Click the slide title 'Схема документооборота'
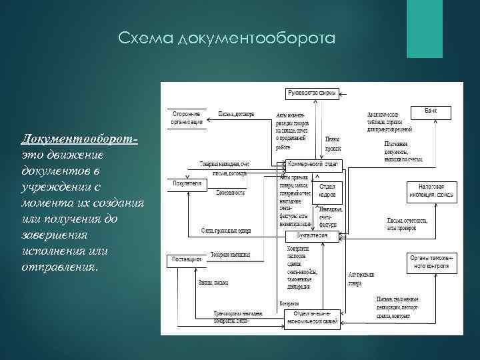point(225,40)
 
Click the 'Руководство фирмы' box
point(312,91)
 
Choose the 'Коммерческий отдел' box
point(313,163)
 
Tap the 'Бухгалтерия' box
point(312,236)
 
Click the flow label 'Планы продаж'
point(333,143)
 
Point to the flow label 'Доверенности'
point(230,192)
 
